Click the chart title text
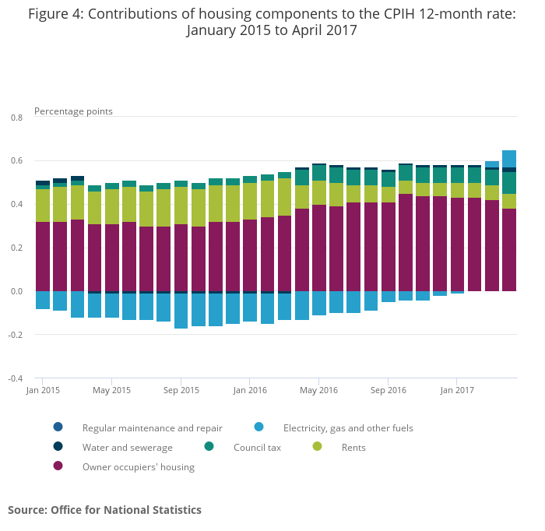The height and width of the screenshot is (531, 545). click(272, 22)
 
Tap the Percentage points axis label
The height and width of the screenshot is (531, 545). click(73, 111)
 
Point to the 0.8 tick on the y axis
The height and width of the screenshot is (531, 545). click(16, 118)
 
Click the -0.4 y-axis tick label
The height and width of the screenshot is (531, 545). click(16, 378)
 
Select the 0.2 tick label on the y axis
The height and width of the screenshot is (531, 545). click(16, 248)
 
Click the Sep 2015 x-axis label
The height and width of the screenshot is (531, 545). click(181, 390)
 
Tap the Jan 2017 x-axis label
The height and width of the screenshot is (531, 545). click(457, 390)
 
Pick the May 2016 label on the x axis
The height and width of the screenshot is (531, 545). click(318, 390)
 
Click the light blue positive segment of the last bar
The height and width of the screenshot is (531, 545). click(509, 159)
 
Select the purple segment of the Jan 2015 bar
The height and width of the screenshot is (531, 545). click(43, 256)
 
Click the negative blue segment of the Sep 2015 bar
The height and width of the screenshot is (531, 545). click(181, 311)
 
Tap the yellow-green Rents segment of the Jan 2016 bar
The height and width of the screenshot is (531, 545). click(250, 201)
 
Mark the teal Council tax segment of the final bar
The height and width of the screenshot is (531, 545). click(509, 183)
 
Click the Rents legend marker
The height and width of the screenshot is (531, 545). click(317, 446)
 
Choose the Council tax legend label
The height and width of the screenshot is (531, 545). click(257, 448)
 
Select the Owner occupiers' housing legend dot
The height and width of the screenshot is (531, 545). click(58, 466)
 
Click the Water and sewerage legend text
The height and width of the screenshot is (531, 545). click(127, 448)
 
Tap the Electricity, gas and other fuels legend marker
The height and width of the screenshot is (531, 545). click(258, 427)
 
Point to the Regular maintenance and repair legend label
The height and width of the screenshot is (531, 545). click(153, 428)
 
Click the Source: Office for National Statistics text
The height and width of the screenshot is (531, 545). click(104, 510)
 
